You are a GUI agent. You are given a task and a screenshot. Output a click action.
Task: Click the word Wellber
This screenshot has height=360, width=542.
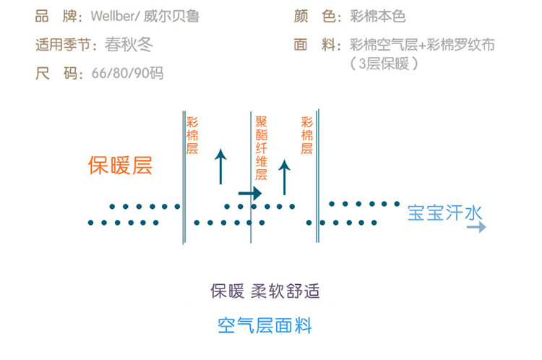click(113, 16)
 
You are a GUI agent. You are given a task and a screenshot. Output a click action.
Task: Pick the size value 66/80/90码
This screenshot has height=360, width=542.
click(128, 74)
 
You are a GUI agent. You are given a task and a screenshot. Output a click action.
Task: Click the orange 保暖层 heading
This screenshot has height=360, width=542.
click(120, 166)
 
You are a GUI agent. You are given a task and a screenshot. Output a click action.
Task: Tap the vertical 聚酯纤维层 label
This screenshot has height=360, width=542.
click(262, 148)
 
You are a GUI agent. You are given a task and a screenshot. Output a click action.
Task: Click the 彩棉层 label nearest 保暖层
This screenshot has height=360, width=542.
click(192, 135)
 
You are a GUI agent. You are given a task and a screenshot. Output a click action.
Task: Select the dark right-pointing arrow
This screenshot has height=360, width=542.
click(250, 194)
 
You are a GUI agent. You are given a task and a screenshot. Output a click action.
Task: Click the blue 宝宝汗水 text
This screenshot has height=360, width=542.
click(444, 214)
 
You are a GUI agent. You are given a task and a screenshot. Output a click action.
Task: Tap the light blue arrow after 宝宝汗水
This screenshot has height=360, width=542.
click(476, 228)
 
